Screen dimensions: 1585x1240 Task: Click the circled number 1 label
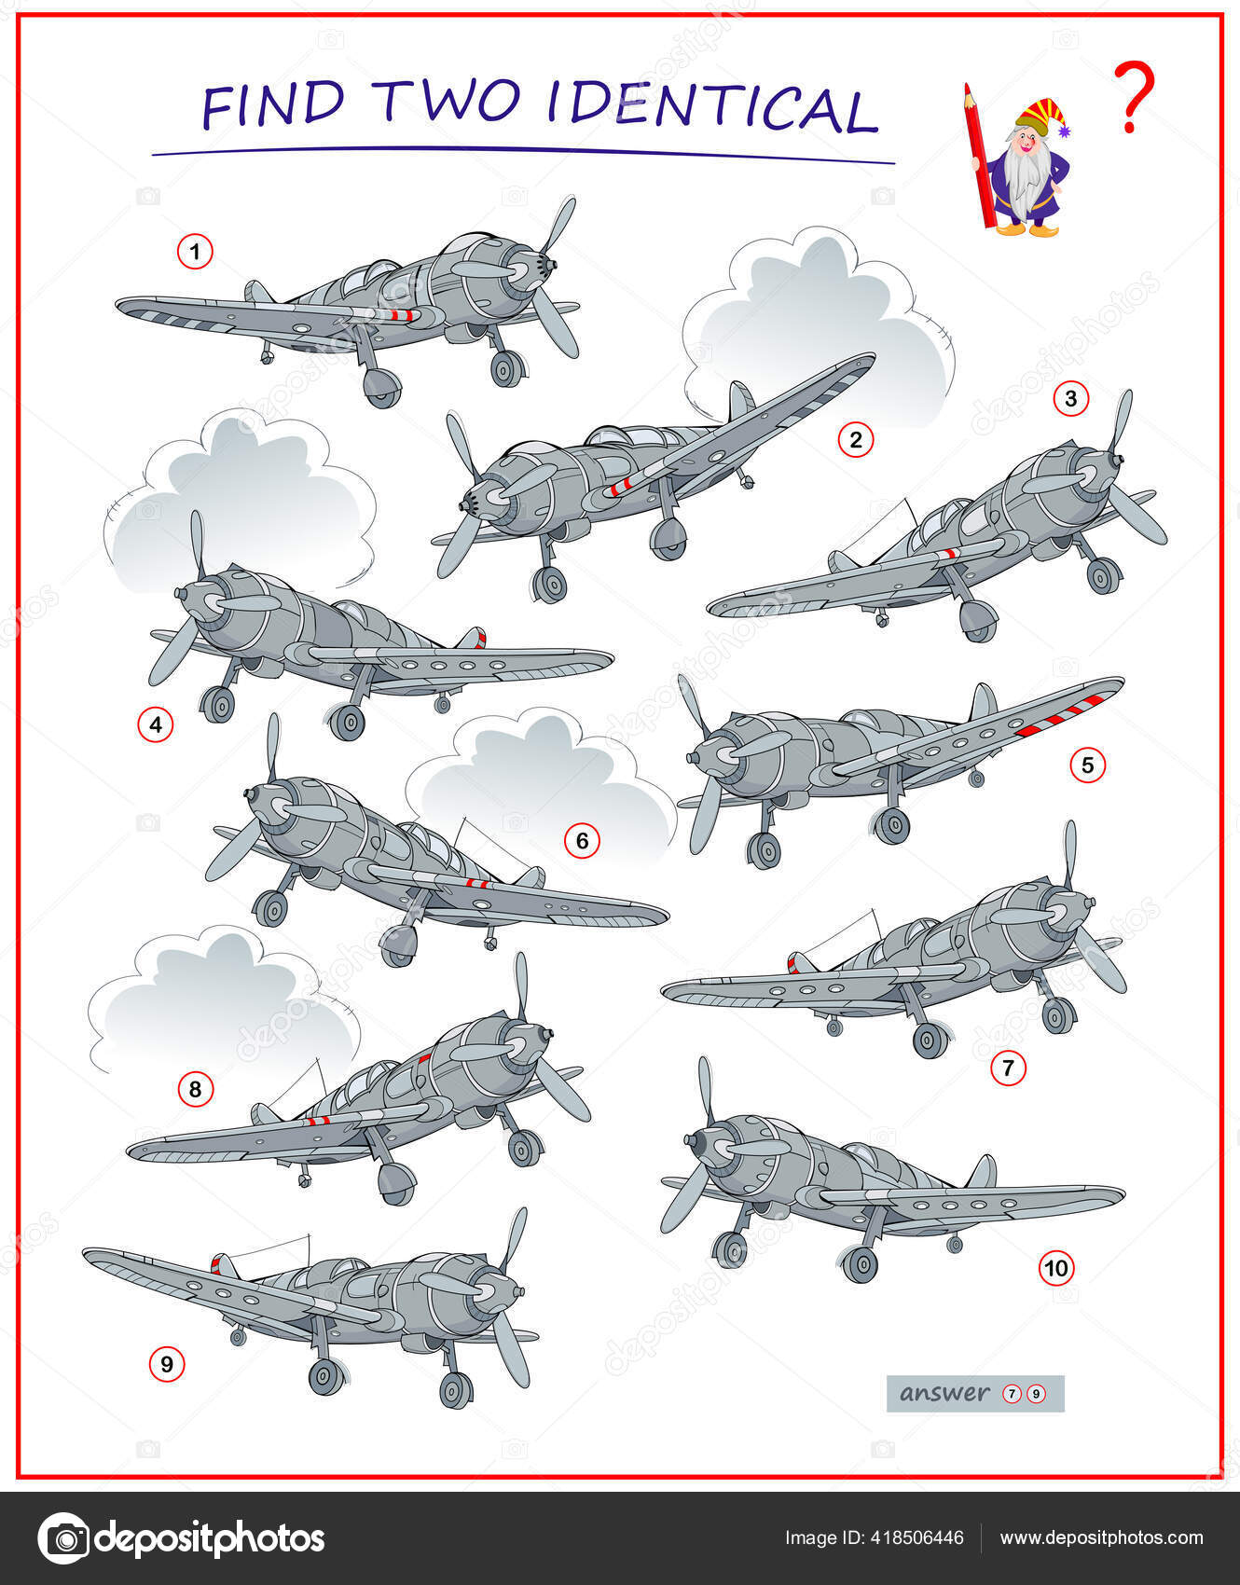[195, 252]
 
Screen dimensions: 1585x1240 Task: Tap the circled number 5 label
[1087, 765]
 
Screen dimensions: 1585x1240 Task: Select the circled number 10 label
[1056, 1268]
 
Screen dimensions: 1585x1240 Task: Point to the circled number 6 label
[582, 841]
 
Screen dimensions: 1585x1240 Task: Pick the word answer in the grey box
[944, 1393]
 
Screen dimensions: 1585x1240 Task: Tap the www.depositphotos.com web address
[1101, 1537]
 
